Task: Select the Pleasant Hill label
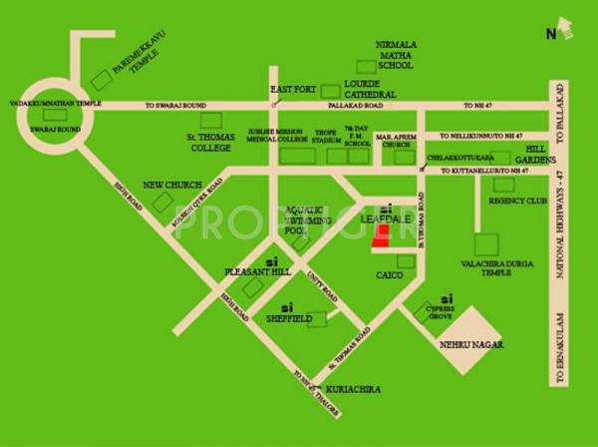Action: tap(258, 270)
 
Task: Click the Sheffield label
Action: tap(290, 318)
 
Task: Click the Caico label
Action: tap(389, 273)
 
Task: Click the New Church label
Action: tap(172, 186)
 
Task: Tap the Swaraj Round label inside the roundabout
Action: tap(49, 130)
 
